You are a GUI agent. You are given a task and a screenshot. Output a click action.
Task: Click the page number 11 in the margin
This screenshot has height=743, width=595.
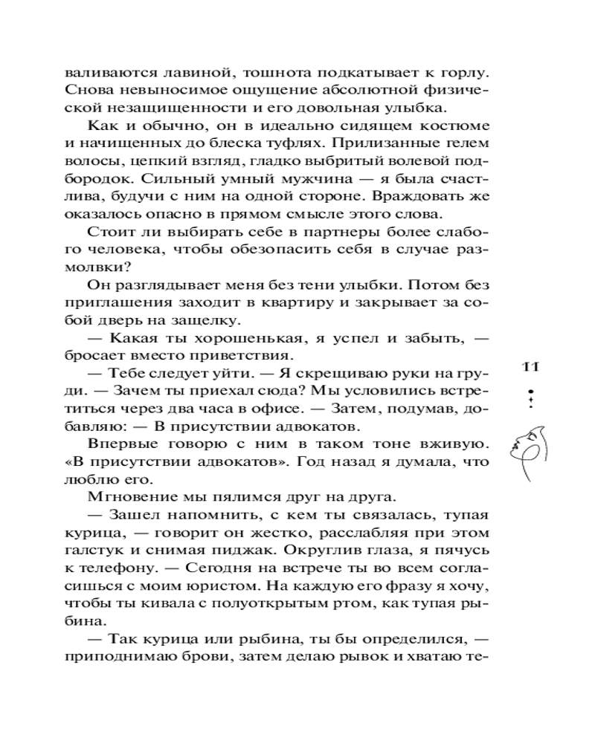(x=530, y=366)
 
